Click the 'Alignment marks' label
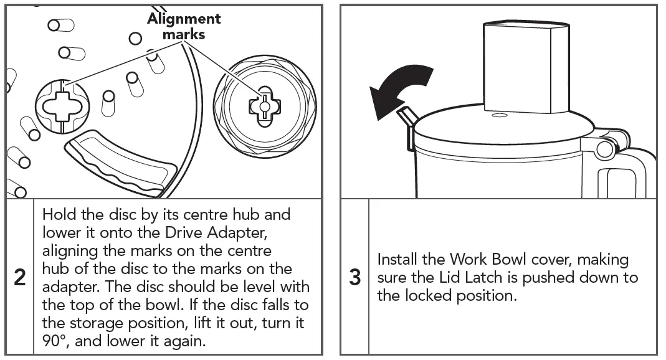click(x=184, y=26)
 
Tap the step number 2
click(x=20, y=278)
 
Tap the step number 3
click(x=354, y=277)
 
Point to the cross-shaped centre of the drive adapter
click(x=264, y=107)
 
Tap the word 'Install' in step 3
click(x=399, y=260)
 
